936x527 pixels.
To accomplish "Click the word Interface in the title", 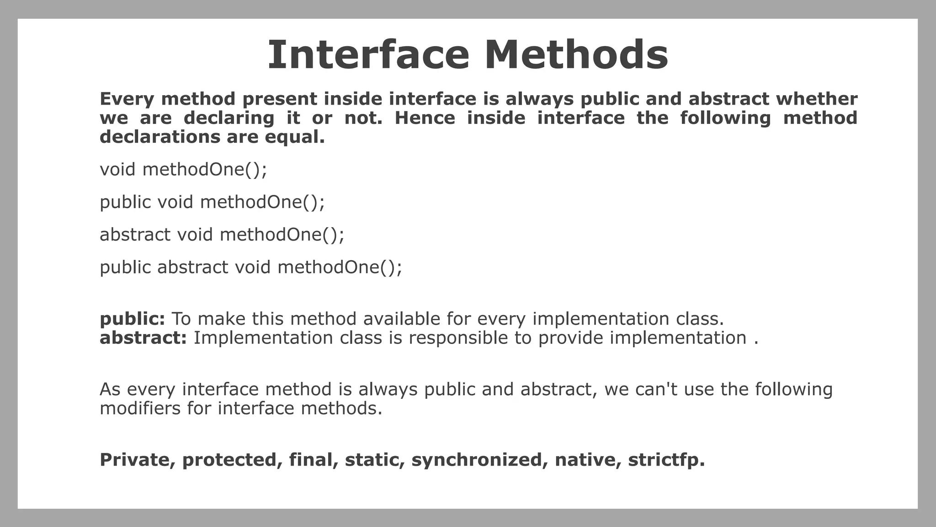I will pyautogui.click(x=368, y=55).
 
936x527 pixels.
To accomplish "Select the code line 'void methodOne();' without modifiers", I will pyautogui.click(x=183, y=170).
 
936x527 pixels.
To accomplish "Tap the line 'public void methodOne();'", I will pyautogui.click(x=212, y=202).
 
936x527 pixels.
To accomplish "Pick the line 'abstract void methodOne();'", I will pyautogui.click(x=222, y=235).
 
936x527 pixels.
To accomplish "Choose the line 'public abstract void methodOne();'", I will pyautogui.click(x=251, y=267).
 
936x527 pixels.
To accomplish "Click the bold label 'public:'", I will pyautogui.click(x=132, y=319).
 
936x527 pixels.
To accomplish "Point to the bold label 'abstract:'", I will pyautogui.click(x=143, y=338).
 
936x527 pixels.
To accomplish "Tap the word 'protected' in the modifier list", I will pyautogui.click(x=232, y=460).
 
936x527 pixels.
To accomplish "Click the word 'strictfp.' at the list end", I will pyautogui.click(x=666, y=460).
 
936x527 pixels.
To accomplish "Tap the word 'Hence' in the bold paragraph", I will pyautogui.click(x=425, y=118).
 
